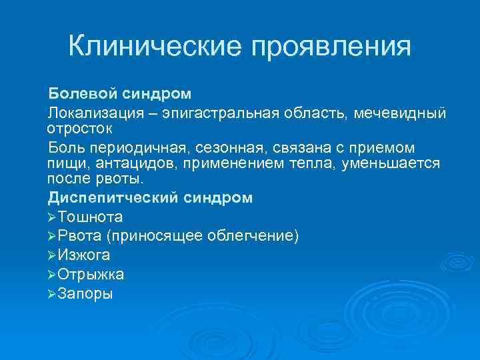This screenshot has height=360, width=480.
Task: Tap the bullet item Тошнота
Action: pos(90,217)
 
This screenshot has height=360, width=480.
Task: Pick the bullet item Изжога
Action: pos(84,255)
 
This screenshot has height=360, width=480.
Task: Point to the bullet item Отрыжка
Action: pos(91,274)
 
